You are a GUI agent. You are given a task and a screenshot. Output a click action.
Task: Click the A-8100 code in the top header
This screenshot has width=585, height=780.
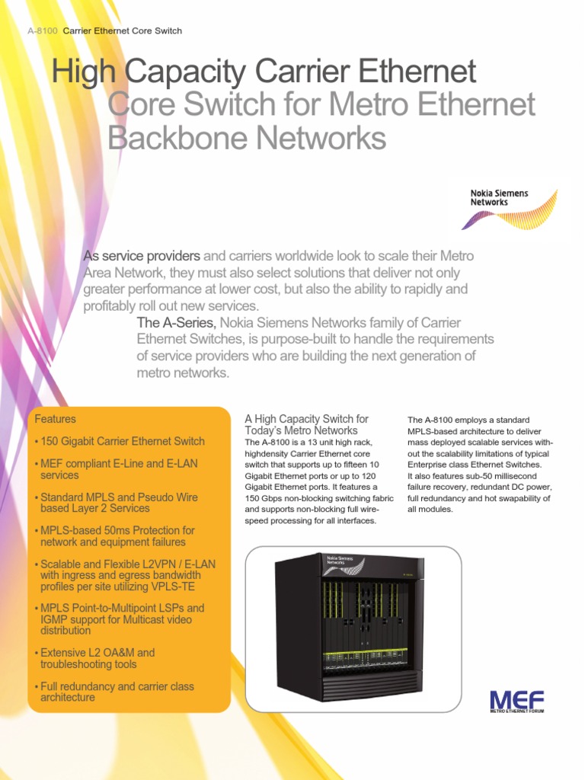coord(42,31)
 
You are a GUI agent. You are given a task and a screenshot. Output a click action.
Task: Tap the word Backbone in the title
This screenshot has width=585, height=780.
coord(174,138)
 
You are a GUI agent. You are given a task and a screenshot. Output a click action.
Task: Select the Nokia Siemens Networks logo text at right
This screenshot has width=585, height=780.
coord(499,198)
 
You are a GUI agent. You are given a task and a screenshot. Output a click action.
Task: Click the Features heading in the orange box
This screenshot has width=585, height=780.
coord(55,419)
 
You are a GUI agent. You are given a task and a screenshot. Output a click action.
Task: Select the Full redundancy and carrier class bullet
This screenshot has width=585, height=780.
coord(117,692)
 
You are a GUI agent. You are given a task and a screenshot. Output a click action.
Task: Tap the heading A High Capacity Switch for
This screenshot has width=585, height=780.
coord(305,419)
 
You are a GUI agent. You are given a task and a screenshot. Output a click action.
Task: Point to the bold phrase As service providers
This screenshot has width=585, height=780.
coord(142,256)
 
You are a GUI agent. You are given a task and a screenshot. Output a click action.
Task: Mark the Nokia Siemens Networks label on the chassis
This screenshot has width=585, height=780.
coord(340,561)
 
